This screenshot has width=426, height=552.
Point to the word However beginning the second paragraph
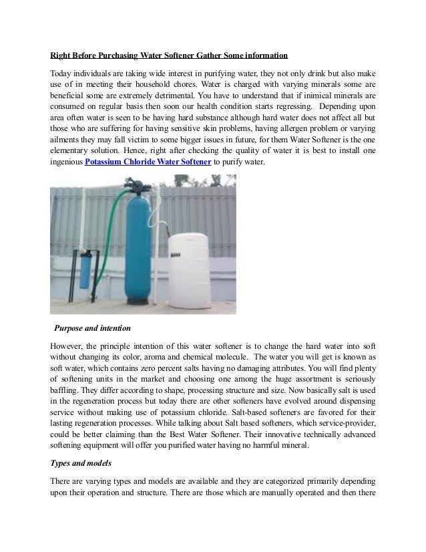[x=70, y=348]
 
